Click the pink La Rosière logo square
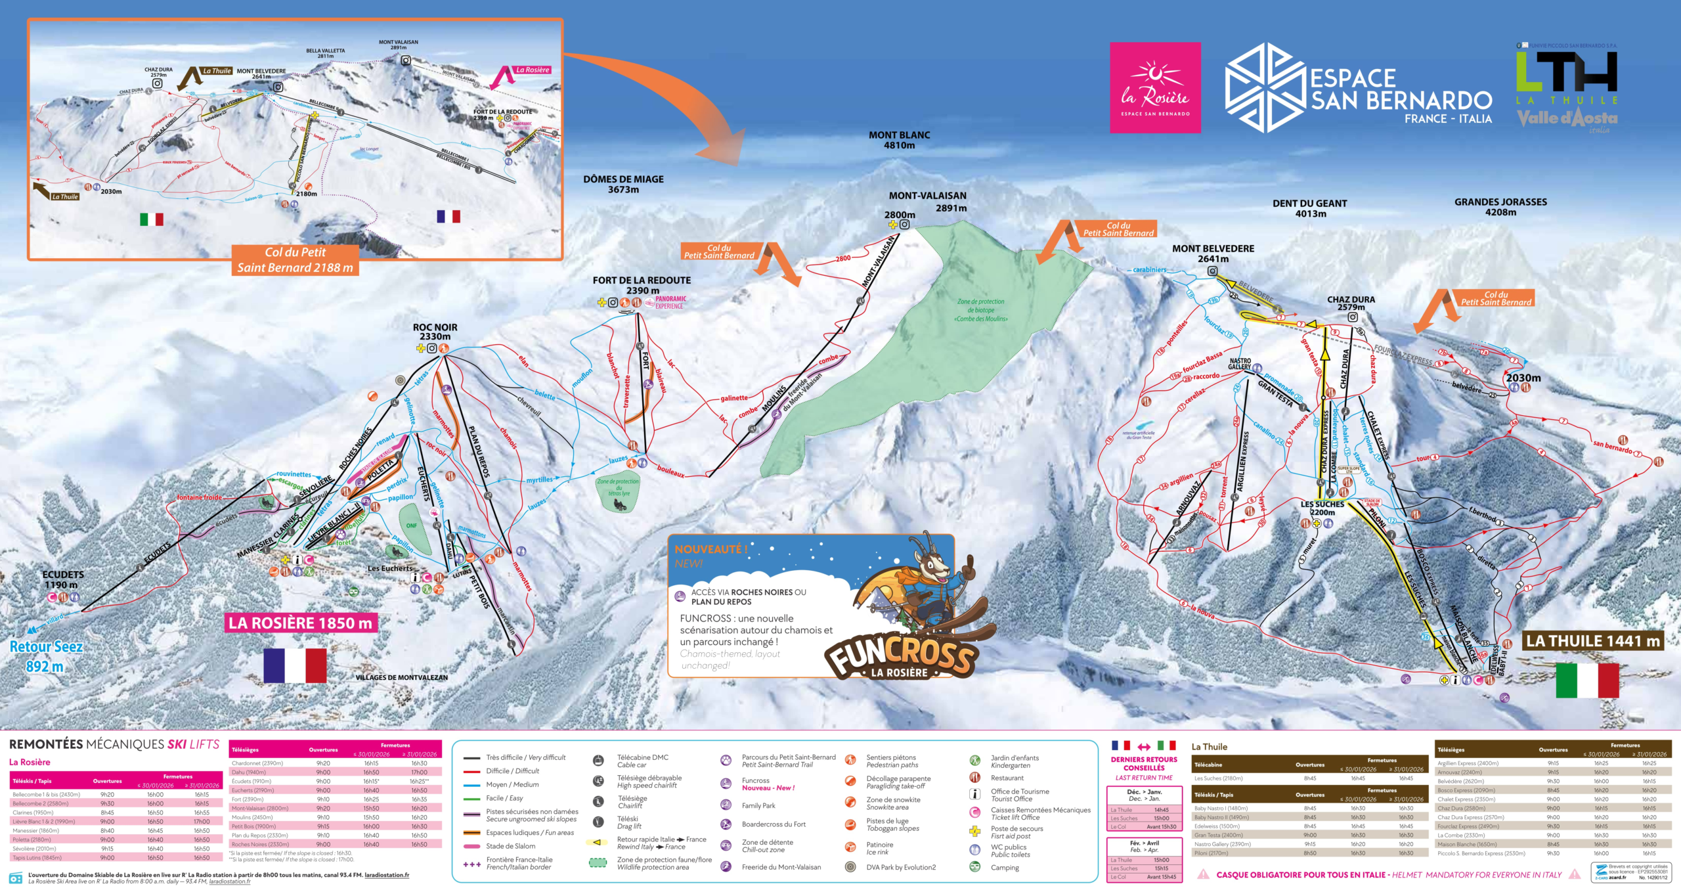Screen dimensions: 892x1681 point(1155,87)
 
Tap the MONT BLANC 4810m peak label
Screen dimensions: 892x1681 point(899,140)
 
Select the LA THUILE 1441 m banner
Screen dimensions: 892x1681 point(1592,641)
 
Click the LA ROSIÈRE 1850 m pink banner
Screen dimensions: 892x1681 point(300,623)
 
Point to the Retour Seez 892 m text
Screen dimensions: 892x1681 point(45,656)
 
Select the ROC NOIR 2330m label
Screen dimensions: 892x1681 point(435,332)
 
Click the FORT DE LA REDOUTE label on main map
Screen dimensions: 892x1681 point(642,285)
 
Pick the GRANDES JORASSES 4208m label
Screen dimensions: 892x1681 point(1500,207)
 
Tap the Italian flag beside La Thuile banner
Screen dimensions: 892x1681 point(1587,680)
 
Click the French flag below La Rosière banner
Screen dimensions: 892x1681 point(295,665)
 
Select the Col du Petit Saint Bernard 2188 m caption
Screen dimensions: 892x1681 point(295,260)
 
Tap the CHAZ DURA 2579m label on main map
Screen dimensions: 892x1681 point(1351,303)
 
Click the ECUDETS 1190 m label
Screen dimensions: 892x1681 point(63,579)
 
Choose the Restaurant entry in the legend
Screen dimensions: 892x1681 point(1007,778)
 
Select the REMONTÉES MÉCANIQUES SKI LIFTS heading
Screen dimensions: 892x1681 point(114,744)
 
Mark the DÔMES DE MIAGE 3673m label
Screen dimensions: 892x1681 point(623,184)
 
